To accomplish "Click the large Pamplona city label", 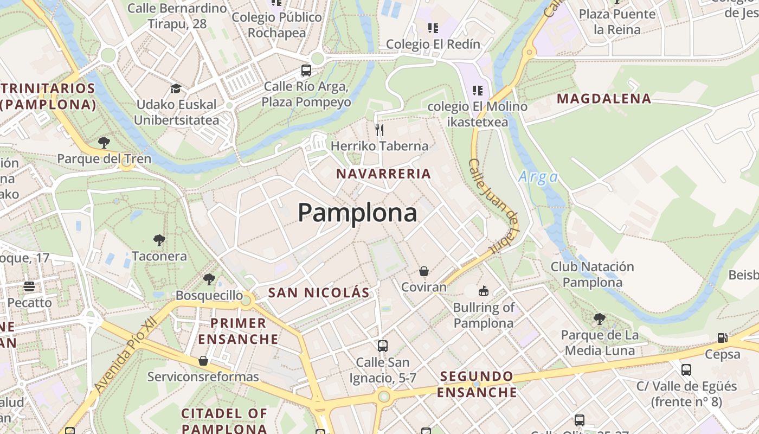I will pyautogui.click(x=357, y=213).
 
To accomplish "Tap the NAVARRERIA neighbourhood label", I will pyautogui.click(x=383, y=174).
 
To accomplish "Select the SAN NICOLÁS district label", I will pyautogui.click(x=319, y=293).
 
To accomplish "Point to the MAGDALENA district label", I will pyautogui.click(x=604, y=99).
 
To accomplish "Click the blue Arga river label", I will pyautogui.click(x=538, y=177).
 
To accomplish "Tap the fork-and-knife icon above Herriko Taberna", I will pyautogui.click(x=379, y=130).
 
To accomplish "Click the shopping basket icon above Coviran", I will pyautogui.click(x=424, y=271).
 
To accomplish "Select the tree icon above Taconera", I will pyautogui.click(x=159, y=240).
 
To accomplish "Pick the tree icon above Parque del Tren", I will pyautogui.click(x=104, y=143).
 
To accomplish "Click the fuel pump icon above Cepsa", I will pyautogui.click(x=722, y=337).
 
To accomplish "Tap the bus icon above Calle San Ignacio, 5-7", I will pyautogui.click(x=383, y=346).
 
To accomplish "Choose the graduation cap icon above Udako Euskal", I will pyautogui.click(x=176, y=88).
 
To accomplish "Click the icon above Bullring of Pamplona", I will pyautogui.click(x=483, y=291).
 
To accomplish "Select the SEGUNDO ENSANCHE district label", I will pyautogui.click(x=477, y=384).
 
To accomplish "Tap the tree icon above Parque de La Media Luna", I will pyautogui.click(x=599, y=318).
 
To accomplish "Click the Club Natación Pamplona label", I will pyautogui.click(x=592, y=275).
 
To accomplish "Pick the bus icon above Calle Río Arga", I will pyautogui.click(x=306, y=70).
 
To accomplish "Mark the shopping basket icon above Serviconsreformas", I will pyautogui.click(x=203, y=361).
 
